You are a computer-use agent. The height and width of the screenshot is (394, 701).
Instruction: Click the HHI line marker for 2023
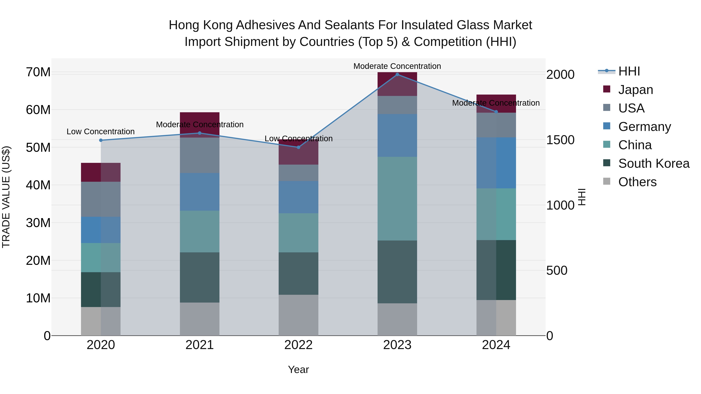point(397,75)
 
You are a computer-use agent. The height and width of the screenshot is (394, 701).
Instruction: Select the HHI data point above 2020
point(101,140)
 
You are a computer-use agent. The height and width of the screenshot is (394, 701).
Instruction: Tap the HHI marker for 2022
point(298,147)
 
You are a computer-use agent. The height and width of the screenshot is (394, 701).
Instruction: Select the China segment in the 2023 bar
point(397,198)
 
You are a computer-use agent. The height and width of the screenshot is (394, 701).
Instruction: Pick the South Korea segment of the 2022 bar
point(298,273)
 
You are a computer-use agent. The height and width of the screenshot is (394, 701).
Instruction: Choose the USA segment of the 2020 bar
point(101,199)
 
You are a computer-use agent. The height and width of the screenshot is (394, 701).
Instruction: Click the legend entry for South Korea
point(654,163)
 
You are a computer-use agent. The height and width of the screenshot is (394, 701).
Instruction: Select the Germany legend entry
point(644,127)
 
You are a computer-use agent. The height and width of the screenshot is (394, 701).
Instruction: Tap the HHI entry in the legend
point(629,71)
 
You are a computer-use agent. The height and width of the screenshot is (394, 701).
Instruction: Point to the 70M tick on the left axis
point(38,72)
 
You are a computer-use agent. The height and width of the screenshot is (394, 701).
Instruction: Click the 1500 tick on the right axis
point(560,140)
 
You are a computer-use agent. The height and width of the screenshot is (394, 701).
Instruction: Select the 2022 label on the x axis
point(298,345)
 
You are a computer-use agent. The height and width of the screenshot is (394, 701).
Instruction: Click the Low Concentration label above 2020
point(101,132)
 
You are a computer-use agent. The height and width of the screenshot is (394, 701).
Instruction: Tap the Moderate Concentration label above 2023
point(397,66)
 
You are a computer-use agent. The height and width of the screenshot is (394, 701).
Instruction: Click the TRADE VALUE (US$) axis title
point(6,197)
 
